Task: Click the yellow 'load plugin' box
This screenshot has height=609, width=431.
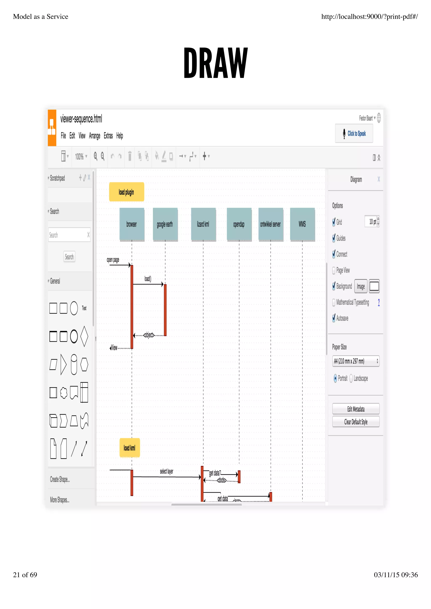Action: point(126,192)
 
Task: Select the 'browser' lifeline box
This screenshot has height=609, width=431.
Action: point(132,224)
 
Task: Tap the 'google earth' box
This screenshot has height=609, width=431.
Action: point(165,224)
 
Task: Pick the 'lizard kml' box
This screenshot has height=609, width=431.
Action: point(203,224)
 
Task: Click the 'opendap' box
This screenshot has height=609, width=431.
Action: point(239,224)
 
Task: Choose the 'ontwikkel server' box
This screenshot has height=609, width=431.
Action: point(271,224)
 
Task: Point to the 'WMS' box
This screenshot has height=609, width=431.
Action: point(302,224)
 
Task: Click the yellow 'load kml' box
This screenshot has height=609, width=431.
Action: point(130,448)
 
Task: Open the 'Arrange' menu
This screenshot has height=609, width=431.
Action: point(94,136)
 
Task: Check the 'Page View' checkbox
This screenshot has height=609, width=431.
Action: point(334,270)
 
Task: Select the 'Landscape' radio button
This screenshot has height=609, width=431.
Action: point(351,378)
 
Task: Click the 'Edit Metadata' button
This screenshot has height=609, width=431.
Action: point(356,409)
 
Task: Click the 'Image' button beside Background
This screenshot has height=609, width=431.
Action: point(361,286)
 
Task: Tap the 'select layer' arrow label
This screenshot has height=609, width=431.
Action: point(166,471)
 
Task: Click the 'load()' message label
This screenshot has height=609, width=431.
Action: point(148,279)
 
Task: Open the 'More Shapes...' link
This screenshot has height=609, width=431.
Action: point(60,500)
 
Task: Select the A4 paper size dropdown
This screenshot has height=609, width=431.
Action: point(356,361)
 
